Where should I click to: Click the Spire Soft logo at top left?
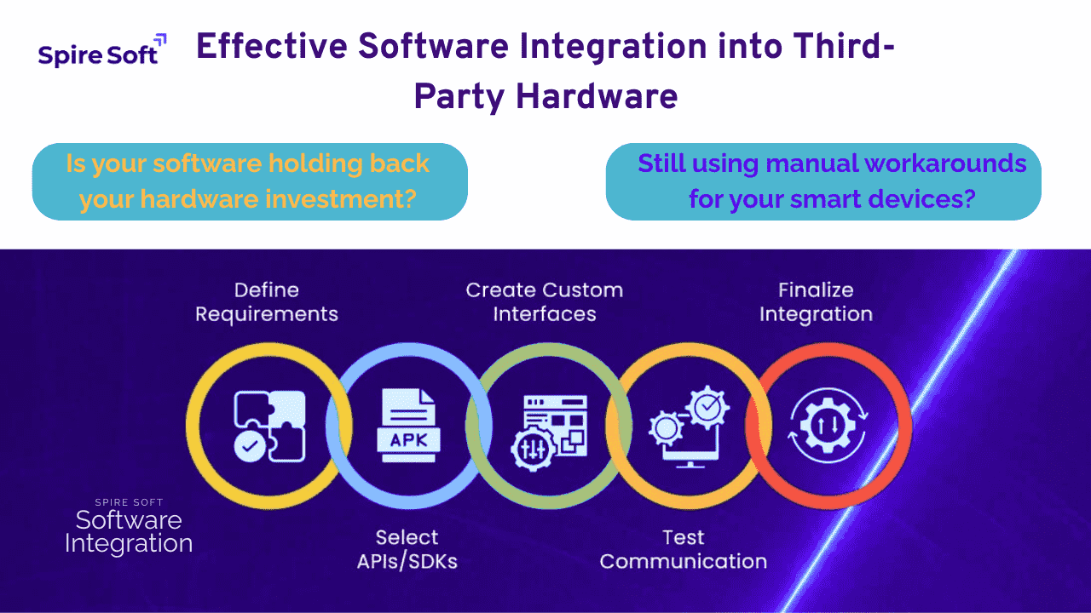[x=102, y=50]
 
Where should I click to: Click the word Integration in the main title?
[x=613, y=48]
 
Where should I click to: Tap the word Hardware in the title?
[x=597, y=96]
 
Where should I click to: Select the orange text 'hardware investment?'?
[x=272, y=199]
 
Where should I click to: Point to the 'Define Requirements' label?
[x=267, y=302]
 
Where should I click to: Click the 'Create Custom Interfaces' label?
[x=545, y=302]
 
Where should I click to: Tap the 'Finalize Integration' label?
[x=817, y=302]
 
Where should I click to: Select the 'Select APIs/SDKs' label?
[x=407, y=549]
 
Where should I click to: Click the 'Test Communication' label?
[x=684, y=549]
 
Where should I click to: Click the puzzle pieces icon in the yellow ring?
[x=269, y=427]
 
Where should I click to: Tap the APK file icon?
[x=408, y=425]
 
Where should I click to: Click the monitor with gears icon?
[x=689, y=427]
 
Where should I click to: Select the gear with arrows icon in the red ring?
[x=828, y=426]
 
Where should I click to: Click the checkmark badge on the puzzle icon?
[x=250, y=446]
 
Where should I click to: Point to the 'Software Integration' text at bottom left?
[x=129, y=532]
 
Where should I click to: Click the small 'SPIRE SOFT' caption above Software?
[x=129, y=502]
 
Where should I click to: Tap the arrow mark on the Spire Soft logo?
[x=160, y=40]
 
